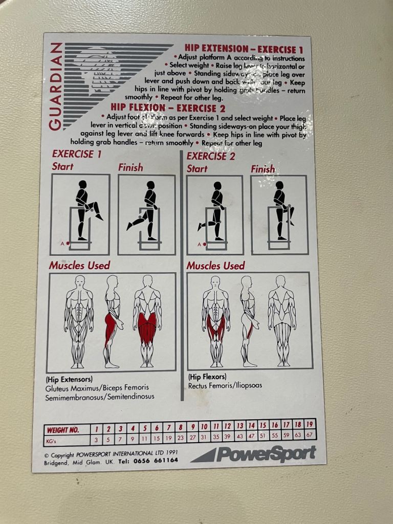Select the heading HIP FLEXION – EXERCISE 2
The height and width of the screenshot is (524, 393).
click(168, 108)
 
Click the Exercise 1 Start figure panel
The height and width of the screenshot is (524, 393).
click(80, 214)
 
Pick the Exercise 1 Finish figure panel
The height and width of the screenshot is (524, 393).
click(146, 214)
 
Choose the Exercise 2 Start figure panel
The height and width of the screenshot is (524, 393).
click(214, 215)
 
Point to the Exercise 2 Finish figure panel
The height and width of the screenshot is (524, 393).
click(279, 215)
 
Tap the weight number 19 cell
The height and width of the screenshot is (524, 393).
click(310, 425)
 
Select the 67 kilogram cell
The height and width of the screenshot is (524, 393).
click(310, 434)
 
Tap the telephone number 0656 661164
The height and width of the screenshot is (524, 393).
click(155, 460)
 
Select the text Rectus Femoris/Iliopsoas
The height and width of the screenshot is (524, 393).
click(225, 385)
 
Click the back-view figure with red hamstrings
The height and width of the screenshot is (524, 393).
click(147, 321)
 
